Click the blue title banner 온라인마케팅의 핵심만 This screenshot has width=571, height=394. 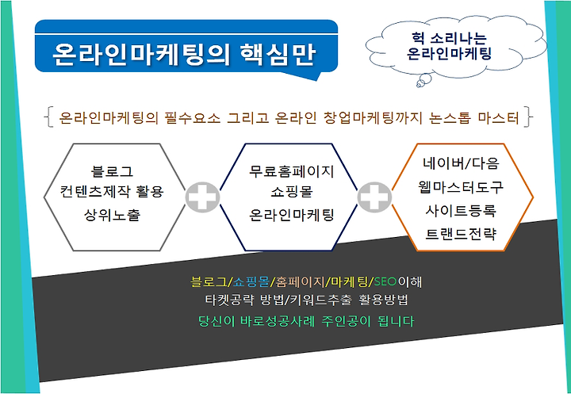coord(186,47)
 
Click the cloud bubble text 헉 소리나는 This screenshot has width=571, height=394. coord(449,37)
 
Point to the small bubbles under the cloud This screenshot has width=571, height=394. coord(423,81)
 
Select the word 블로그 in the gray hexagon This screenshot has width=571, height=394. coord(112,170)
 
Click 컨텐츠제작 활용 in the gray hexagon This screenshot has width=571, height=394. coord(112,191)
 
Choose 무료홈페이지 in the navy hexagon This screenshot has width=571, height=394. coord(291,171)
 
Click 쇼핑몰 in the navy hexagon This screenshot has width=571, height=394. coord(291,192)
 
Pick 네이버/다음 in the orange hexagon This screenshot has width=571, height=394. coord(460,163)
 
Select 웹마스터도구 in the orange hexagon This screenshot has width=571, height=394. coord(460,187)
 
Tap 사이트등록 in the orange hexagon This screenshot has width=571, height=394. coord(460,210)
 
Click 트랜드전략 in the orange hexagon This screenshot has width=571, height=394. coord(460,234)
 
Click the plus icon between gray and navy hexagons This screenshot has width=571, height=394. coord(202,197)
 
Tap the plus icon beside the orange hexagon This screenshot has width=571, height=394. coord(374,197)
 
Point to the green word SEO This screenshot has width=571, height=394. coord(385,281)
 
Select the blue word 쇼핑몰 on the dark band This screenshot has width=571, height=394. coord(251,281)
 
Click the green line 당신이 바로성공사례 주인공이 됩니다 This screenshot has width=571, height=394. coord(306,322)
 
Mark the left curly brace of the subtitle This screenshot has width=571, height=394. coord(48,117)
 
